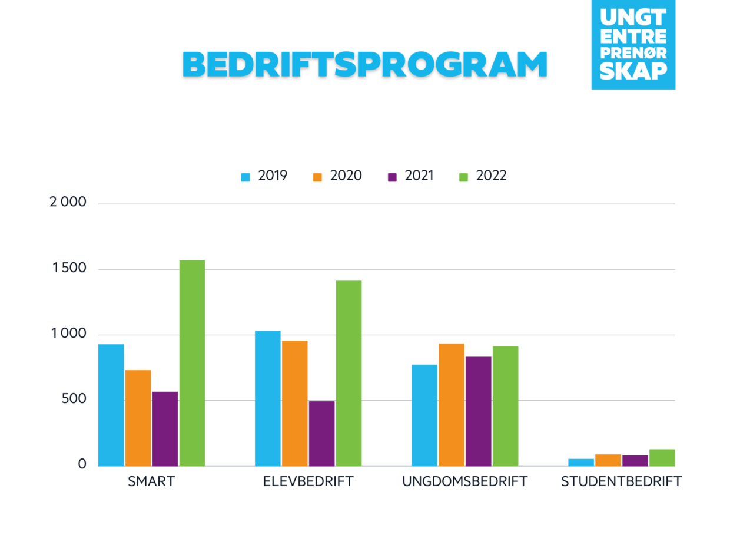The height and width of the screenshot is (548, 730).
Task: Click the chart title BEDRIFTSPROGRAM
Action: click(364, 65)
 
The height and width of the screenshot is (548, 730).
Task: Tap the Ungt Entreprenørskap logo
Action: click(633, 45)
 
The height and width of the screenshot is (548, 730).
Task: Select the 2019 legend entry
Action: click(264, 176)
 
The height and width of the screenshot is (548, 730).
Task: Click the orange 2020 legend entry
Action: click(337, 176)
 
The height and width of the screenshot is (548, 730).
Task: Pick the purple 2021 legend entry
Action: click(410, 176)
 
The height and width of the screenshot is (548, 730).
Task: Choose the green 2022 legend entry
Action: click(483, 176)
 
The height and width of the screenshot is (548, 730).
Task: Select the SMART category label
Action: click(151, 481)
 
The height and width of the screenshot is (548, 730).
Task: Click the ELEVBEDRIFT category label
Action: click(308, 481)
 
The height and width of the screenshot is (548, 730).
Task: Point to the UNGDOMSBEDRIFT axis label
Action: click(464, 481)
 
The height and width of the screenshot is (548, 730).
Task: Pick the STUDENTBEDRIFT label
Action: click(621, 481)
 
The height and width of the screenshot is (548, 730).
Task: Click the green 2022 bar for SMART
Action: click(192, 363)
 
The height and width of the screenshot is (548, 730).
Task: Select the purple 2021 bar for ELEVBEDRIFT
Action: click(321, 433)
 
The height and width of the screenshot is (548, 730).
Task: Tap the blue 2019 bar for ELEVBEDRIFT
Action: click(267, 398)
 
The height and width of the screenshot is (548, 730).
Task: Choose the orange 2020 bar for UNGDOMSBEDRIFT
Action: click(451, 405)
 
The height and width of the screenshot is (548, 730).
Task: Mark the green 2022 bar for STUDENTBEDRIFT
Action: click(662, 458)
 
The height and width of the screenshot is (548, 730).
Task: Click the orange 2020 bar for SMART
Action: click(138, 418)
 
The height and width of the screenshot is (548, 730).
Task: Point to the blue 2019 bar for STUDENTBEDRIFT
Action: click(580, 462)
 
